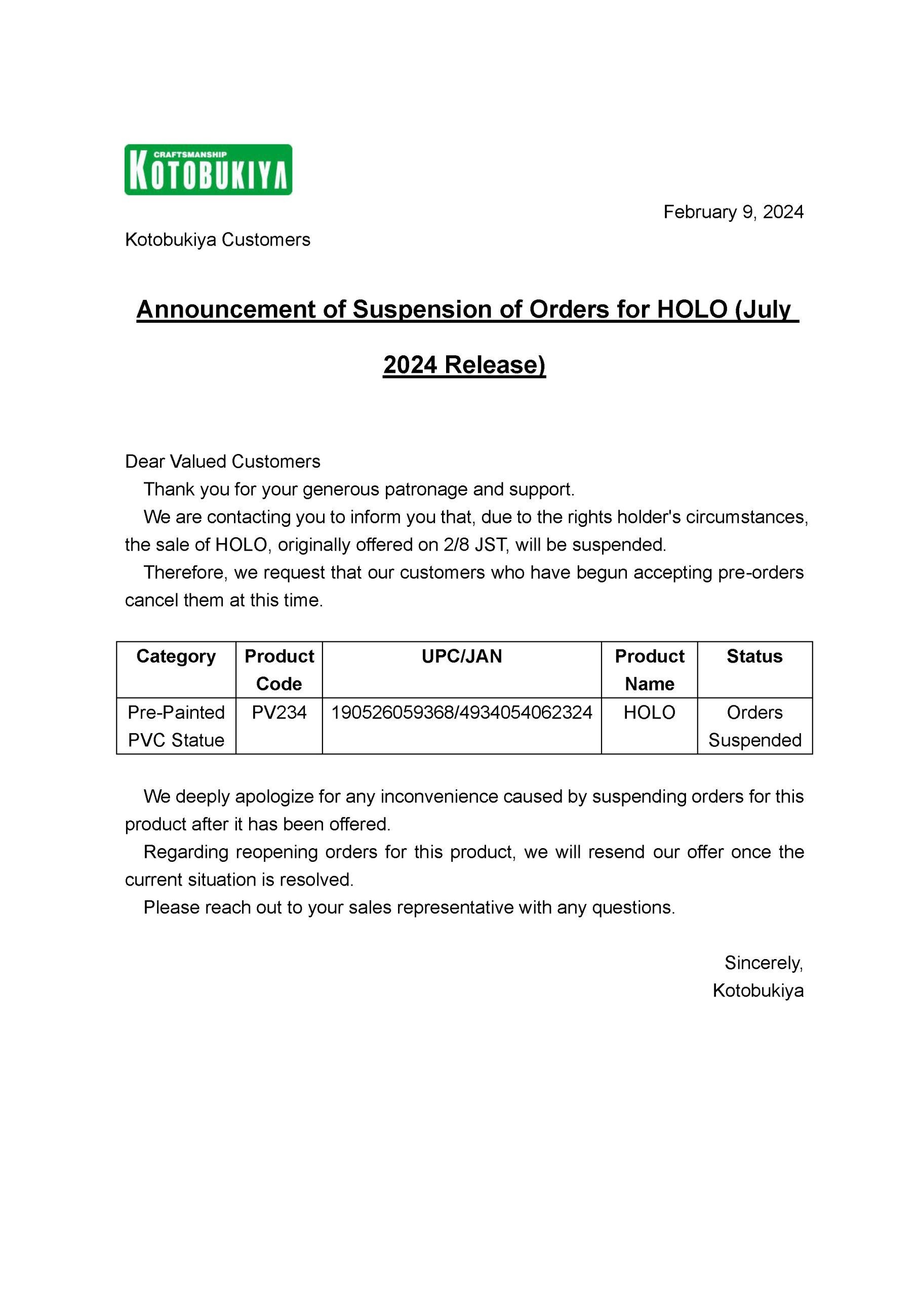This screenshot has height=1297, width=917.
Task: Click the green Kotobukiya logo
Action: (x=208, y=169)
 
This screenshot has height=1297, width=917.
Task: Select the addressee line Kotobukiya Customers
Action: (x=217, y=240)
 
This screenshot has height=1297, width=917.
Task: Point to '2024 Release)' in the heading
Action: (x=464, y=365)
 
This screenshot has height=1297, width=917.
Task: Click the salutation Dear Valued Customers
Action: (x=222, y=461)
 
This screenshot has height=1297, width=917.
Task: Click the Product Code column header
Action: (x=279, y=669)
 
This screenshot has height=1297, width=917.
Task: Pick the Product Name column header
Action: (x=649, y=669)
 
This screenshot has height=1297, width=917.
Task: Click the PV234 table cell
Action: (x=279, y=712)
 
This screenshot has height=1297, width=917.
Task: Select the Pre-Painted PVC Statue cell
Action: (x=176, y=726)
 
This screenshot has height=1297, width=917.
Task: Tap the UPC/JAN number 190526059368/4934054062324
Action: (x=461, y=712)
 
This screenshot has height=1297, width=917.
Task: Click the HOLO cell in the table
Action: (x=649, y=712)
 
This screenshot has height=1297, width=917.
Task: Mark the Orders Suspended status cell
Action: (x=754, y=726)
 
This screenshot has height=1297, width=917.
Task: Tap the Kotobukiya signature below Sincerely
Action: (x=758, y=990)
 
